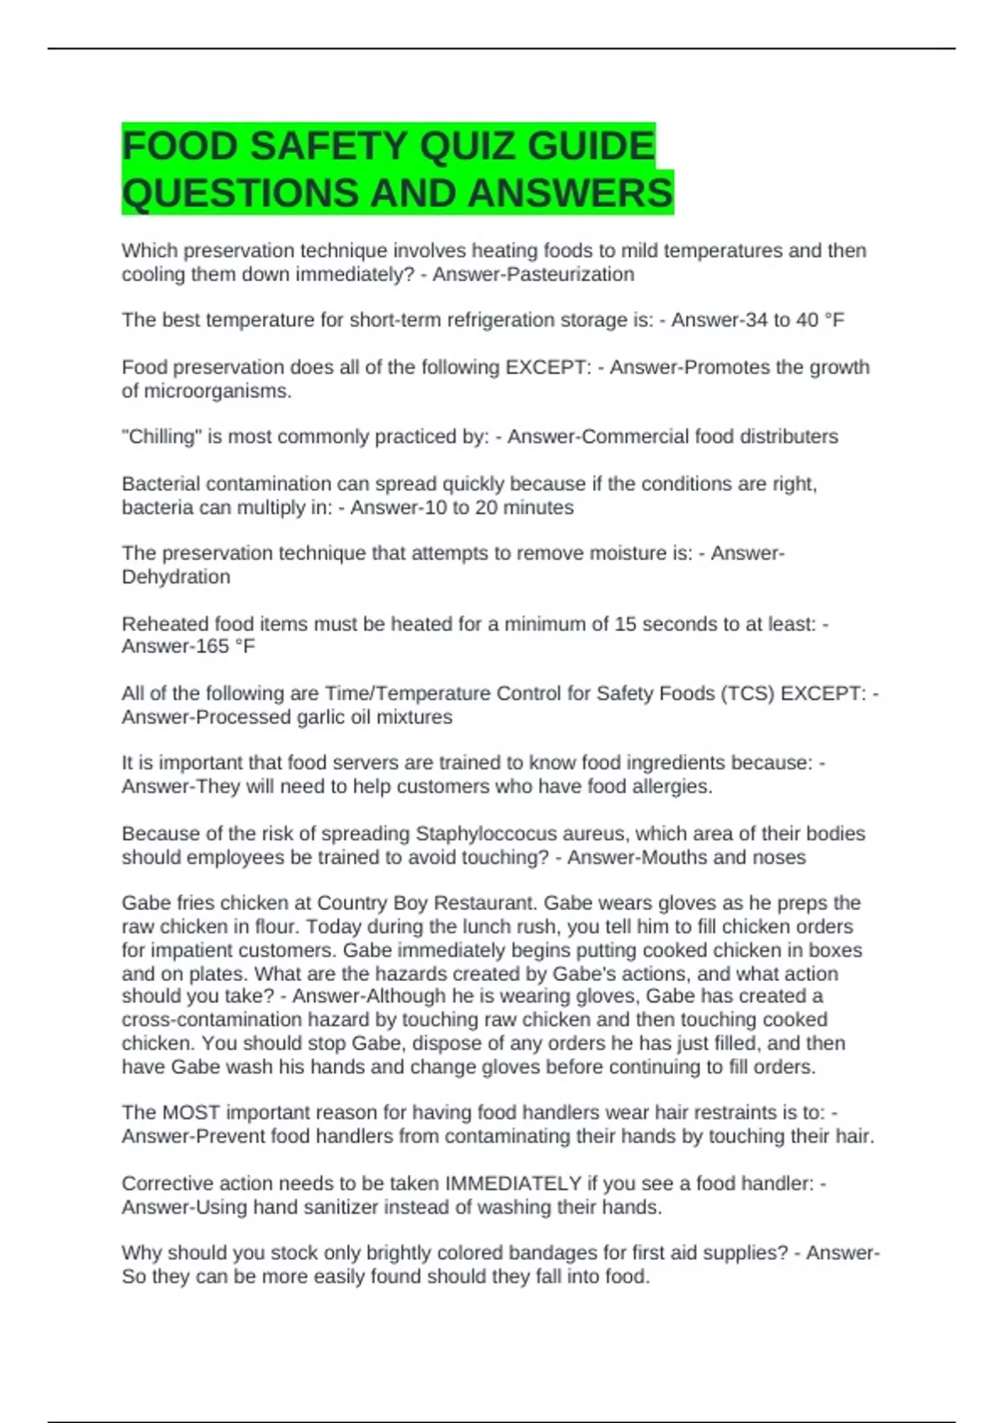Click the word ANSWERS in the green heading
point(570,193)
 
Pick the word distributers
point(786,437)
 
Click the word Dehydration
point(176,577)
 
